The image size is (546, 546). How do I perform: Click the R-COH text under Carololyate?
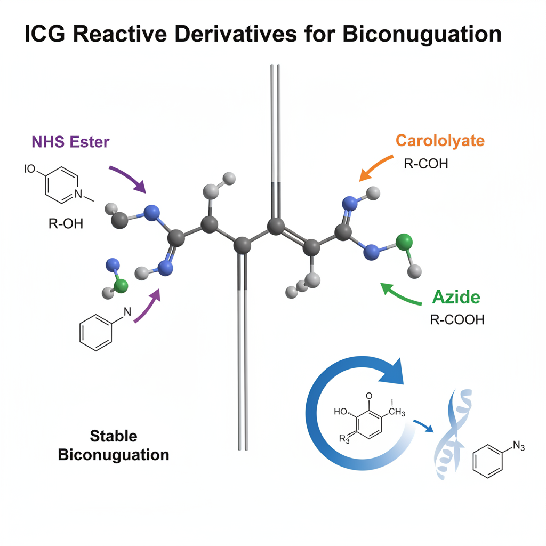point(426,164)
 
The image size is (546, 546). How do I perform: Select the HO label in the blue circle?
point(340,412)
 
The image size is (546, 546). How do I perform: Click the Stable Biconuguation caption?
point(113,445)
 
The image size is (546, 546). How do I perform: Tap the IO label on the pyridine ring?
point(29,170)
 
